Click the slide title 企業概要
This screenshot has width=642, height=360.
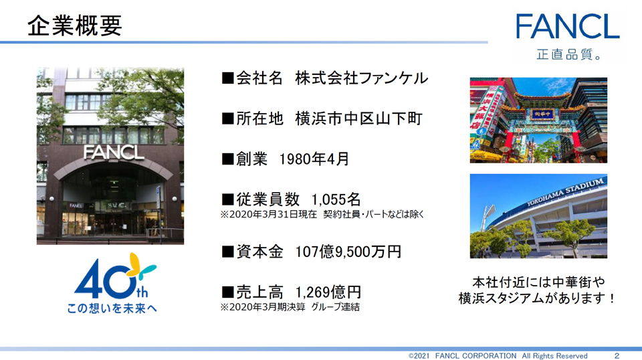[74, 25]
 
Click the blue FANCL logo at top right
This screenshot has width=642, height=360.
[568, 26]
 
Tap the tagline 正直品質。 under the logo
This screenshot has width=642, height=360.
[569, 54]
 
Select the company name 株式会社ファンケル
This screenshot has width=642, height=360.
[362, 78]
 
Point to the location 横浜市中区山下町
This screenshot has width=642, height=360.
[358, 118]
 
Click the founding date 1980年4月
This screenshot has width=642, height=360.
[314, 159]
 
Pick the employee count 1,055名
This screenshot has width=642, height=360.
[336, 199]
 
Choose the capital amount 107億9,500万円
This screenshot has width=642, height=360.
[348, 252]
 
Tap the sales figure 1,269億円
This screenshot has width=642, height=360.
[328, 292]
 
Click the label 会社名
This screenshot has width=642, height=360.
[259, 78]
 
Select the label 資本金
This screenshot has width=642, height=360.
[259, 252]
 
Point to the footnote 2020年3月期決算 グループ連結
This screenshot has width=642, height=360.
[290, 307]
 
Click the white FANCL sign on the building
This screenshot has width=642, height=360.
[114, 153]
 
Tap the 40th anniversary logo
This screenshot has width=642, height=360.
[114, 276]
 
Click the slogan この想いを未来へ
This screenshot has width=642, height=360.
[112, 308]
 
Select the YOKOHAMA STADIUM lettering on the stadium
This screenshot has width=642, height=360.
[566, 191]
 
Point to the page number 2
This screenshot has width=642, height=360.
[617, 355]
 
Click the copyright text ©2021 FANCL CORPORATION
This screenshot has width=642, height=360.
[462, 355]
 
